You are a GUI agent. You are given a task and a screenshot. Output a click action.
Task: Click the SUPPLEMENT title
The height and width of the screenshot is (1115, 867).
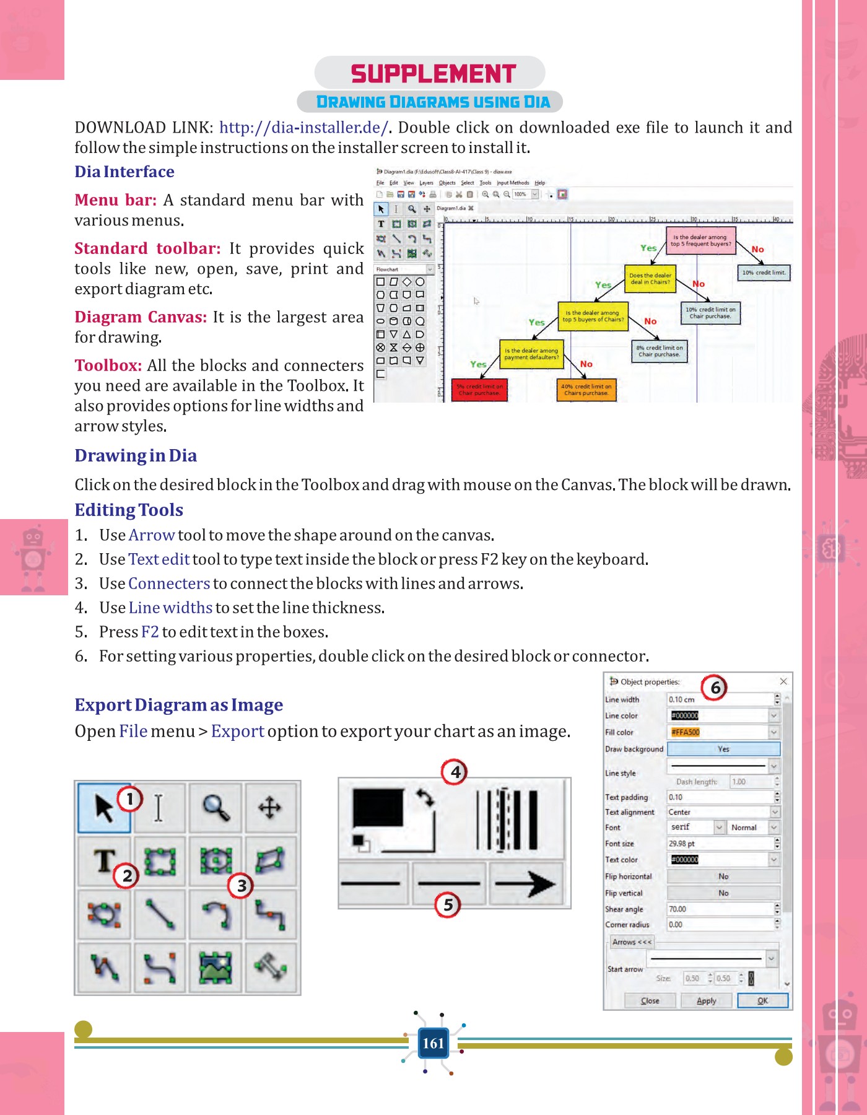pyautogui.click(x=433, y=74)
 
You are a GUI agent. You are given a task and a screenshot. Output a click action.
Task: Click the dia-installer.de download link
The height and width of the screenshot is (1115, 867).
pyautogui.click(x=303, y=128)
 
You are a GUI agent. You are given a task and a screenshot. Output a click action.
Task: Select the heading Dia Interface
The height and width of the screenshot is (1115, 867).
pyautogui.click(x=124, y=172)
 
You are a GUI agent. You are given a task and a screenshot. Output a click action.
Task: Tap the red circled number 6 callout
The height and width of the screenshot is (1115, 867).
pyautogui.click(x=715, y=688)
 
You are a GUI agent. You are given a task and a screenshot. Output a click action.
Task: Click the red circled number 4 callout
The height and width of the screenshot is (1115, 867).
pyautogui.click(x=455, y=772)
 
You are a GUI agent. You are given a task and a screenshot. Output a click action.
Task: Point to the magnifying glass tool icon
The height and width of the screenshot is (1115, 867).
pyautogui.click(x=216, y=808)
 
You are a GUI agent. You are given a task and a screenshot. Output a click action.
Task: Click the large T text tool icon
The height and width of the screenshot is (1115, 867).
pyautogui.click(x=104, y=861)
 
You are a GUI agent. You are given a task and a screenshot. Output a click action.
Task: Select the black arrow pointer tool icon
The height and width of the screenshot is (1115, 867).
pyautogui.click(x=103, y=808)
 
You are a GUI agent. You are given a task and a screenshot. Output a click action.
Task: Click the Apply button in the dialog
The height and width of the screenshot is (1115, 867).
pyautogui.click(x=706, y=1000)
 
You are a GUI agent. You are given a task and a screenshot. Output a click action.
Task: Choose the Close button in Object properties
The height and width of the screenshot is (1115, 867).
pyautogui.click(x=650, y=1000)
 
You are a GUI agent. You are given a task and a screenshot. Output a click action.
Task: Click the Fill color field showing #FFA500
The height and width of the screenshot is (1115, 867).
pyautogui.click(x=718, y=732)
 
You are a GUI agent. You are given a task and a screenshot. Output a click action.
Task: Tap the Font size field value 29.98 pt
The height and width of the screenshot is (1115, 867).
pyautogui.click(x=718, y=844)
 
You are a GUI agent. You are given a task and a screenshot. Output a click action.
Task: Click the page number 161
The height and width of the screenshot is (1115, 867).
pyautogui.click(x=433, y=1043)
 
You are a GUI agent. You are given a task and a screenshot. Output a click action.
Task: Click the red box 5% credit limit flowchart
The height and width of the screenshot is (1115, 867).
pyautogui.click(x=479, y=390)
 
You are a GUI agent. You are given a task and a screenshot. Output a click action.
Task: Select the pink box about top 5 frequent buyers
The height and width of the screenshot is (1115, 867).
pyautogui.click(x=700, y=241)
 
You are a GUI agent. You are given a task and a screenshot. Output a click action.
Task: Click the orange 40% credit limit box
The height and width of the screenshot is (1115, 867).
pyautogui.click(x=586, y=390)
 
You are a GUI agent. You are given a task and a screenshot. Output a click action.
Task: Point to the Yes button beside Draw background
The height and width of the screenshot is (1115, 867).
pyautogui.click(x=723, y=749)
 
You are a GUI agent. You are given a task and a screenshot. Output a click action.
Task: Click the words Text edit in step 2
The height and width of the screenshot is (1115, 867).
pyautogui.click(x=159, y=559)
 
